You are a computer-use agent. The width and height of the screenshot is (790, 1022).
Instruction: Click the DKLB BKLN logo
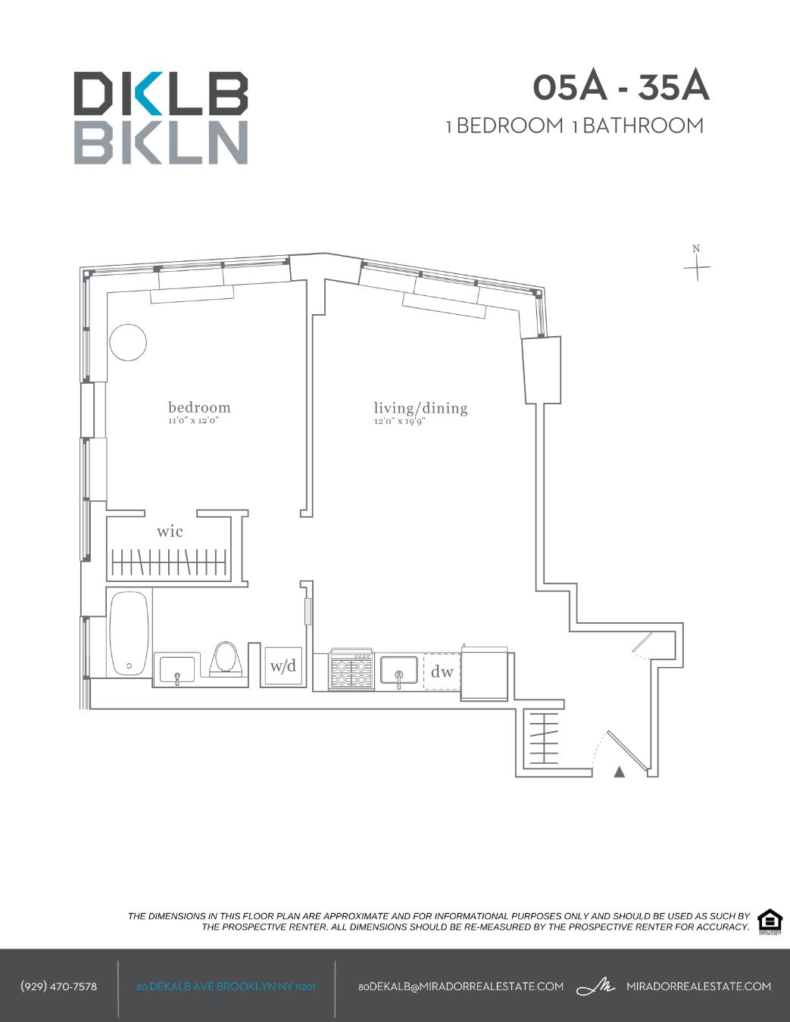pos(161,118)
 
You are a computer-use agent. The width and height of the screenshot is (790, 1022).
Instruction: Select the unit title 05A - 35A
pos(620,87)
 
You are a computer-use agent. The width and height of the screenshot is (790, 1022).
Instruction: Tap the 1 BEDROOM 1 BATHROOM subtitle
pos(575,126)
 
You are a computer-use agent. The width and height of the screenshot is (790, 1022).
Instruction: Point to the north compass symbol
pos(697,265)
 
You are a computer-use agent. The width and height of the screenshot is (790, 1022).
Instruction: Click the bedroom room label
pos(199,407)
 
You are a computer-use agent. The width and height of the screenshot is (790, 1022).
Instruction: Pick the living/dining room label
pos(420,408)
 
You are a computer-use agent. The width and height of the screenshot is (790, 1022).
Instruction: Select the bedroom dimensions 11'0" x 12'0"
pos(193,421)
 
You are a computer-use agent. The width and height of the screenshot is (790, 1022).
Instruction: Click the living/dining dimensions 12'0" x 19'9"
pos(399,422)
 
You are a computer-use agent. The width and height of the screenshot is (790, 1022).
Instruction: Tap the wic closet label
pos(170,531)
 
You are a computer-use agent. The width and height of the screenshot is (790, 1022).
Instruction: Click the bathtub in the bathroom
pos(129,633)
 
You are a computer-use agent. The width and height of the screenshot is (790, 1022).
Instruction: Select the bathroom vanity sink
pos(177,669)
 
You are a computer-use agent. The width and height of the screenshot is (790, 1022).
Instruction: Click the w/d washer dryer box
pos(283,667)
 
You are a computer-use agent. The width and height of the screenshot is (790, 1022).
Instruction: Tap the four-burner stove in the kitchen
pos(351,670)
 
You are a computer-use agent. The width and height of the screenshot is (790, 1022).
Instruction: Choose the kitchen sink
pos(398,671)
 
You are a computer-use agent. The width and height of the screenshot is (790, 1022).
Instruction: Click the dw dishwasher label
pos(442,671)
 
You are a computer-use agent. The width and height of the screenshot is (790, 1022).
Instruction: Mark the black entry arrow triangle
pos(619,772)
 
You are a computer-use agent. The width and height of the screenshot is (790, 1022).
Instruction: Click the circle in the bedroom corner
pos(127,343)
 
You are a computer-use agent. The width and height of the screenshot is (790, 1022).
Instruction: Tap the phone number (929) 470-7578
pos(58,986)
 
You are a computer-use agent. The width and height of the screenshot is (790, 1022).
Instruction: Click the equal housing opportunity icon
pos(770,921)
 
